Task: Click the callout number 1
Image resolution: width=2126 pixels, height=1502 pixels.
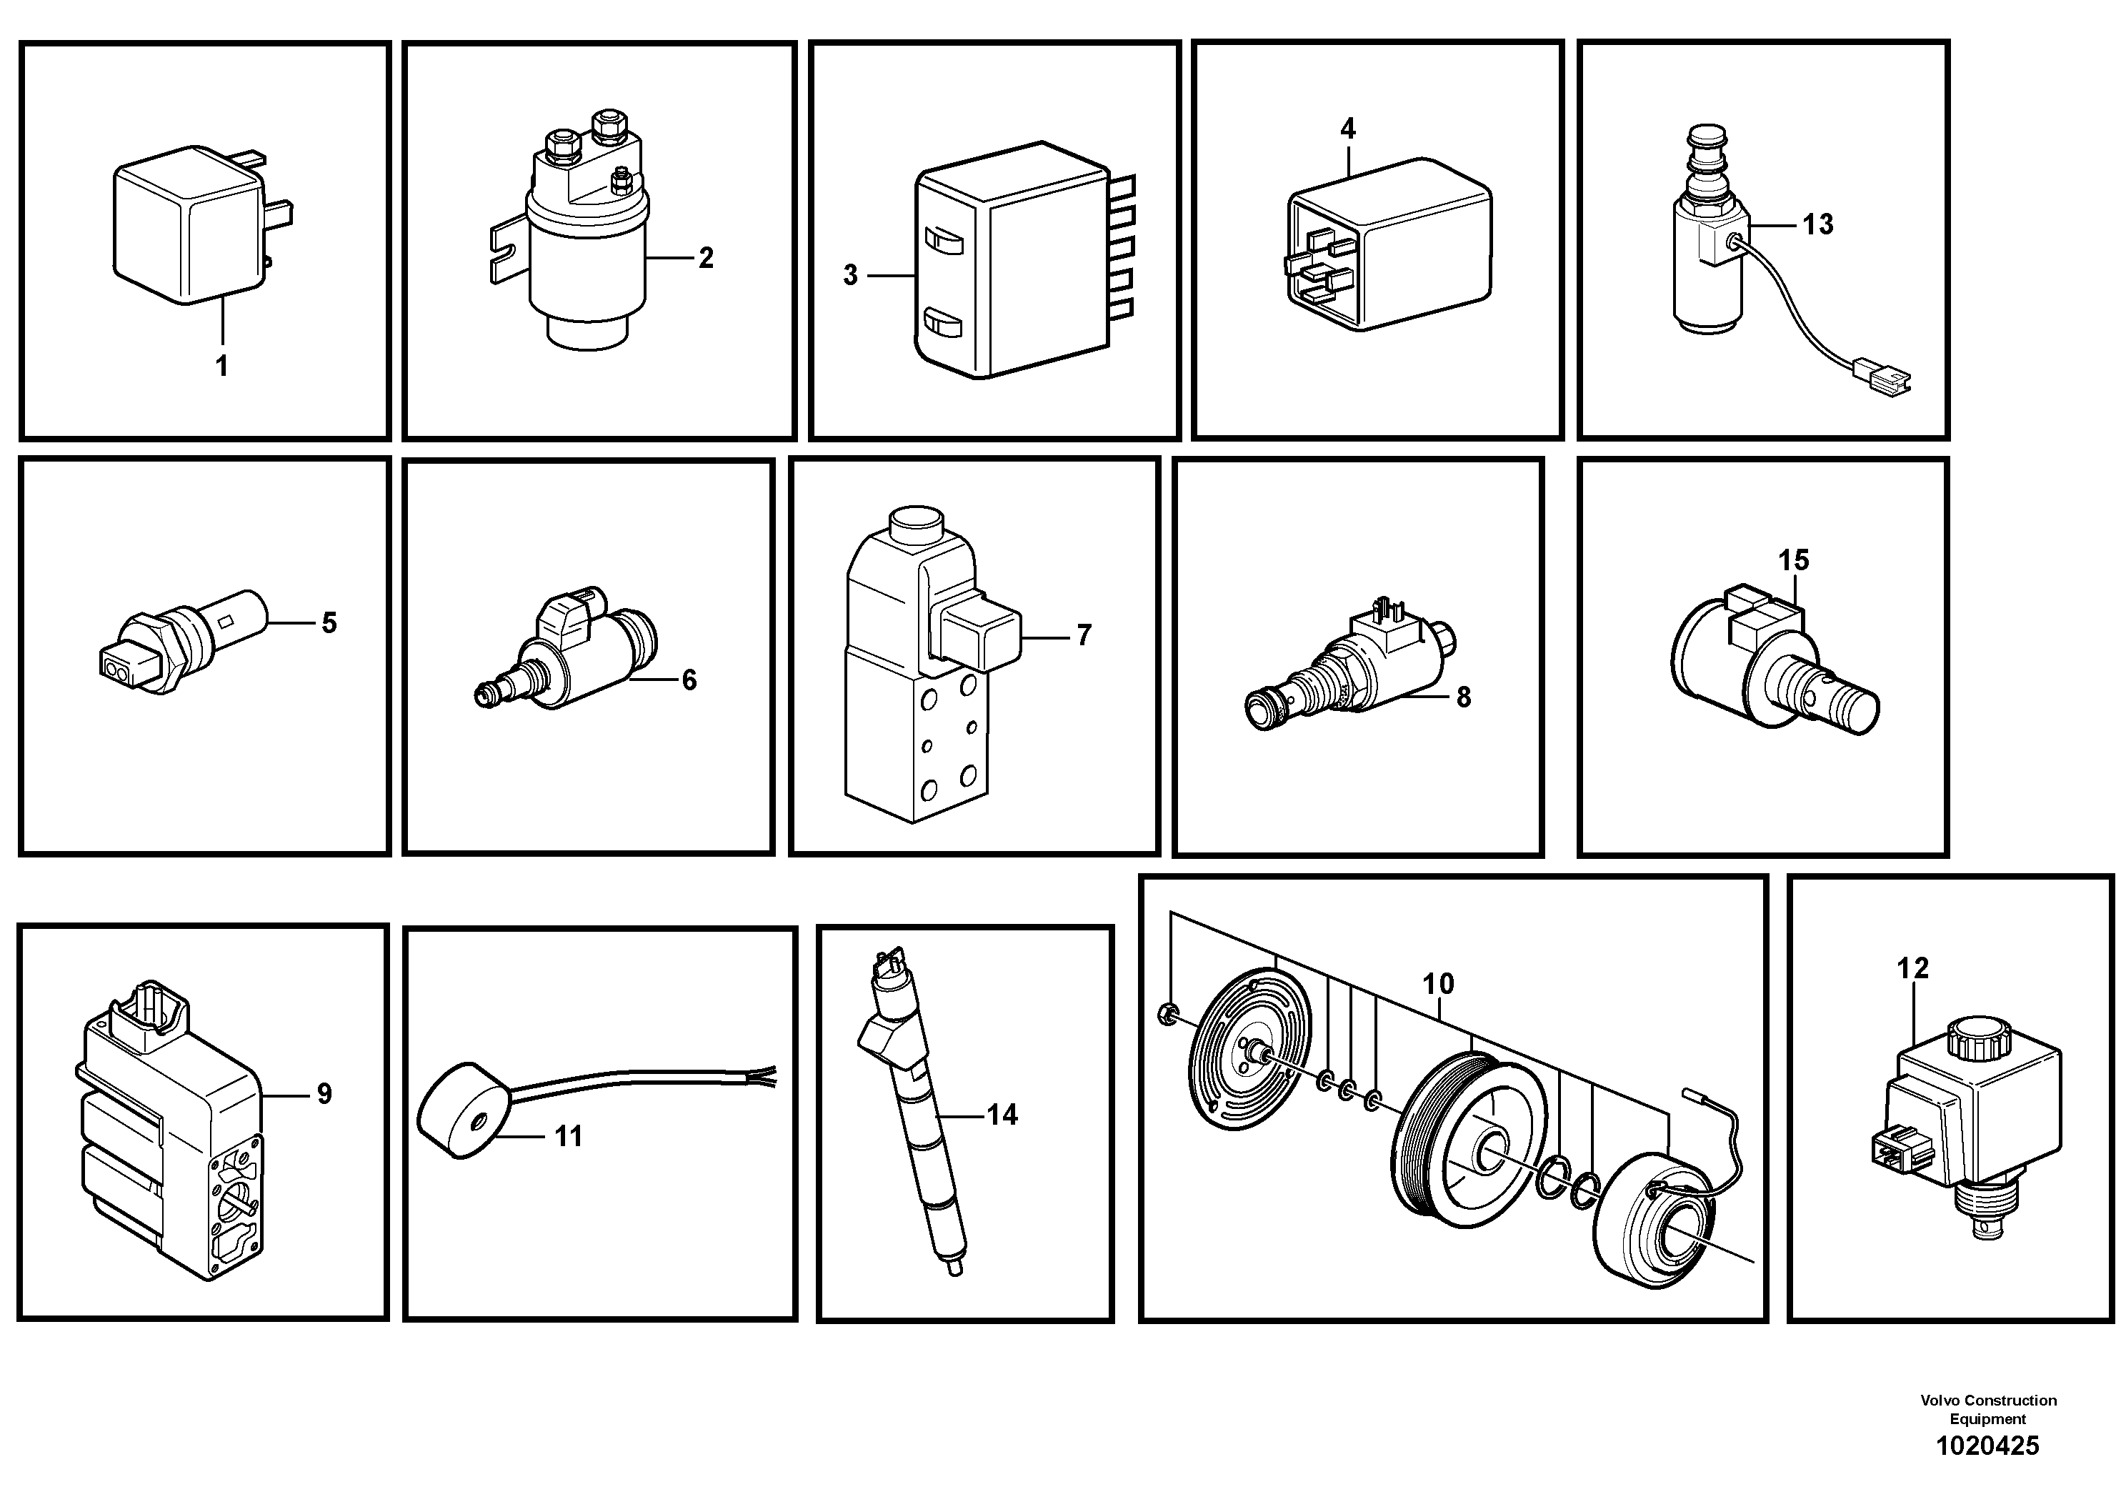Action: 221,367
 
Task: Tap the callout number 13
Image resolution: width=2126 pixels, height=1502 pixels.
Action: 1817,224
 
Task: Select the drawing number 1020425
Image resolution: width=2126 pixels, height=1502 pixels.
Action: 1987,1446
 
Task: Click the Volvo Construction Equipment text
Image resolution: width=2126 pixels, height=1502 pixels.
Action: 1988,1409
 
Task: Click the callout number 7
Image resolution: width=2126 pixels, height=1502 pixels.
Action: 1084,635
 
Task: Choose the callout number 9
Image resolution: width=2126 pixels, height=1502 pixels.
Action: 324,1095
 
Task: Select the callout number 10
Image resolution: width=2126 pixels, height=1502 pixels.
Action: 1438,983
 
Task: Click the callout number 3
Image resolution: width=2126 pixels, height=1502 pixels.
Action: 850,275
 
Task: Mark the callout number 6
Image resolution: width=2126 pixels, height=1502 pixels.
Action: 689,681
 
